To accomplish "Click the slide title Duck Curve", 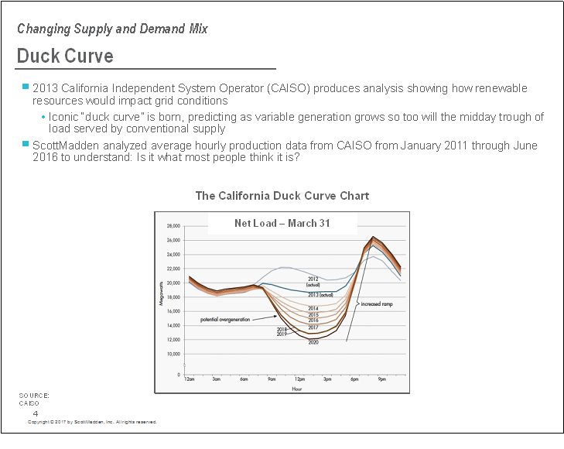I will click(x=65, y=57).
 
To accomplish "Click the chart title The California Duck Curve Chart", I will click(x=282, y=196).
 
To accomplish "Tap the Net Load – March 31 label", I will click(x=282, y=223).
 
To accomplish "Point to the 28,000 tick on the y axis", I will click(x=173, y=226).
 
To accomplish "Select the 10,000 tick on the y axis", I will click(x=173, y=354).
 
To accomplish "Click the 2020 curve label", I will click(x=313, y=341).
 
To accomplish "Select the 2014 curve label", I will click(x=313, y=308).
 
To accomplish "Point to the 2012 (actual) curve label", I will click(x=313, y=282).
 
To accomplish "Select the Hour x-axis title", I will click(x=296, y=389).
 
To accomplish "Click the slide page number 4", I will click(x=36, y=413).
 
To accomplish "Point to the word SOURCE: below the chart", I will click(x=34, y=396).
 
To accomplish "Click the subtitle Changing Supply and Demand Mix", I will click(x=112, y=29).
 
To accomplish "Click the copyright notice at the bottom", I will click(x=92, y=422).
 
